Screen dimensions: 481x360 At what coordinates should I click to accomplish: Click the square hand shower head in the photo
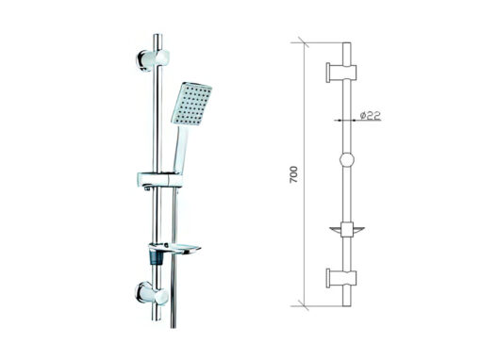click(191, 104)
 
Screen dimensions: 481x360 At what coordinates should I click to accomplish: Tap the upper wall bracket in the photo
click(153, 59)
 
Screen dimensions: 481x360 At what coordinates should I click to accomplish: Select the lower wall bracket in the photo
click(152, 294)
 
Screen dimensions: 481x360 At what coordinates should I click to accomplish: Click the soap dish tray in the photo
click(174, 249)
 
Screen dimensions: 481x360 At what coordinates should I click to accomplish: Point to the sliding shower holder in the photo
click(159, 180)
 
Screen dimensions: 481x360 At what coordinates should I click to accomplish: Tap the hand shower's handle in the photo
click(180, 149)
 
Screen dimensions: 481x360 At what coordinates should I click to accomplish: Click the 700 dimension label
click(293, 174)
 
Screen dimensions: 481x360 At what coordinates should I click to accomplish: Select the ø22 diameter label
click(371, 115)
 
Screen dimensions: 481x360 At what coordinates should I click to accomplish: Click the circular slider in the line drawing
click(347, 160)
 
